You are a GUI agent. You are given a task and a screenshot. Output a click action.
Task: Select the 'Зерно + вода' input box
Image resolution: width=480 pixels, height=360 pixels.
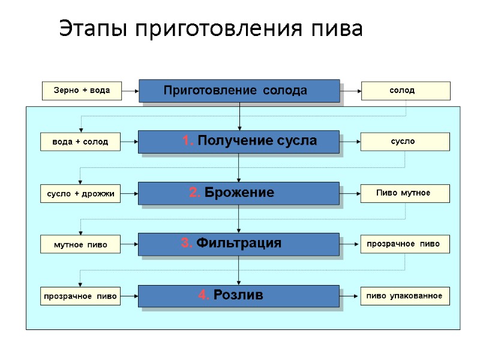click(81, 91)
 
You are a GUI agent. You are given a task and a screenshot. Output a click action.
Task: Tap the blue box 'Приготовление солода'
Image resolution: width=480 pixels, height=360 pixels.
click(239, 91)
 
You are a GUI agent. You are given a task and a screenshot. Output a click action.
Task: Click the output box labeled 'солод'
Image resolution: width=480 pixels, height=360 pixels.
click(405, 91)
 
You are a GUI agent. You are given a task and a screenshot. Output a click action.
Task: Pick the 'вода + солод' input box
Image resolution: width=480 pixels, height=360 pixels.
click(80, 142)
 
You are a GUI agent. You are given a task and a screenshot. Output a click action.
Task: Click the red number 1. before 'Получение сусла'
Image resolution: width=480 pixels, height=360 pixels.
click(188, 141)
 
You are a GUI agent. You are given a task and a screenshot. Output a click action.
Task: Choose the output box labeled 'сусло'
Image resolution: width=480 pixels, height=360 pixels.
click(405, 142)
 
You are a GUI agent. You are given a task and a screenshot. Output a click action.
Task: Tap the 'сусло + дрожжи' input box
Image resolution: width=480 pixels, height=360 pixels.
click(80, 193)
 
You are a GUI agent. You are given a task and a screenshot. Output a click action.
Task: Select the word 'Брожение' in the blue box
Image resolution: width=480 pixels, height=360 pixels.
click(239, 193)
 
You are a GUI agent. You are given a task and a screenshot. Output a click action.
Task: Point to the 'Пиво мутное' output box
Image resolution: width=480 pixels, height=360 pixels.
click(405, 193)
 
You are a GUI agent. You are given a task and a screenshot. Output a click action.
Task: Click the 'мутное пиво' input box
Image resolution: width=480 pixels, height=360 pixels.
click(80, 244)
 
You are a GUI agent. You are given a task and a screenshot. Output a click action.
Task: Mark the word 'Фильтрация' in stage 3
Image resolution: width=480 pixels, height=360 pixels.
click(239, 243)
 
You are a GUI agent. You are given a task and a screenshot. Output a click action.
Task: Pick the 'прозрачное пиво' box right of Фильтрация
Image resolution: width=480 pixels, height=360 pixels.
click(405, 244)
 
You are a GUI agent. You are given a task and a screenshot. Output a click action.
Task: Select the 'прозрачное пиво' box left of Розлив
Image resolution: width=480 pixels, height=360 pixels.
click(80, 296)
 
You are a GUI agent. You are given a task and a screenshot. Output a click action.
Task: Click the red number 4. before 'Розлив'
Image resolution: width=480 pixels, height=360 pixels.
click(204, 295)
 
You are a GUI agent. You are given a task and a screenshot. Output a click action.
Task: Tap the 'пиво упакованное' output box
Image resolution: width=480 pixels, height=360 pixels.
click(405, 296)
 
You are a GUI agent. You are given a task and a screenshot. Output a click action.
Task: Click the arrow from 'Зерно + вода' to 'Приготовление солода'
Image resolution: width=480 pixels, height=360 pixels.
click(130, 91)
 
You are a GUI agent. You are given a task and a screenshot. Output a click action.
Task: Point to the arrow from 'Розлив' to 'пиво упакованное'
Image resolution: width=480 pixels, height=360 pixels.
click(350, 296)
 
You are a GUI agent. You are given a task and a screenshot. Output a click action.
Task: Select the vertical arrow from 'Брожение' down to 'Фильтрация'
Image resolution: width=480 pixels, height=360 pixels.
click(239, 218)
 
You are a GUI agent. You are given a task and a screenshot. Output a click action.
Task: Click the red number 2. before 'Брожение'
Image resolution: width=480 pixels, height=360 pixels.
click(195, 193)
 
